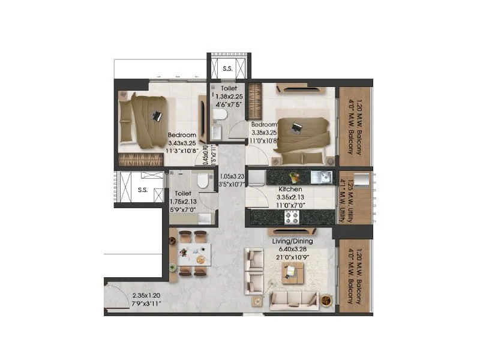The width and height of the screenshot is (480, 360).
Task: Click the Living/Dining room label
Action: [x=290, y=241]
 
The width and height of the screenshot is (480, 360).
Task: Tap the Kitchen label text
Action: [x=290, y=189]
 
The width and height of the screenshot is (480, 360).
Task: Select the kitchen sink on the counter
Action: [x=324, y=176]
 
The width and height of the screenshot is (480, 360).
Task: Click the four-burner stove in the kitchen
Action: [x=292, y=216]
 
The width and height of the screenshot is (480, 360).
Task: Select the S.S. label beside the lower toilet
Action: [x=142, y=190]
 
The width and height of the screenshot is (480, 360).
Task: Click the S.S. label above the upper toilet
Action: [x=227, y=68]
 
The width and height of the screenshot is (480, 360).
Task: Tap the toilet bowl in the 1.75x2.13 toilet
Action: [x=201, y=179]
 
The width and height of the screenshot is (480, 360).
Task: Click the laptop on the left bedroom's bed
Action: [x=157, y=116]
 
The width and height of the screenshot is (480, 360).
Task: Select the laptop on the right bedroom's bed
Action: [x=296, y=127]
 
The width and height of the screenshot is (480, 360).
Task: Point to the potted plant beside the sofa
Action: [x=326, y=299]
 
